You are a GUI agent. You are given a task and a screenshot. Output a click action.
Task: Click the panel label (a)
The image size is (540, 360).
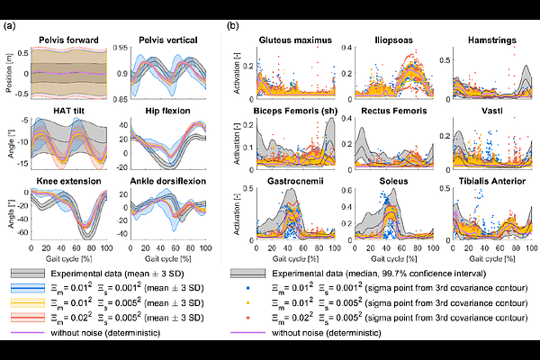click(10, 26)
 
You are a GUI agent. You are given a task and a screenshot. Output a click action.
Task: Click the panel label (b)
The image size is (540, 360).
click(233, 26)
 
